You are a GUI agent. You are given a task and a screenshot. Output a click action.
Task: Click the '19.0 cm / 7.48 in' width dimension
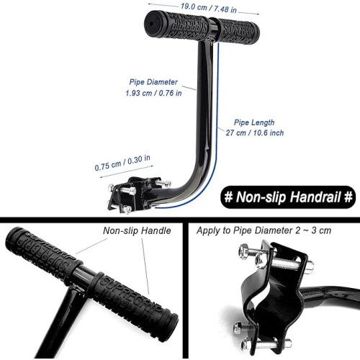208,8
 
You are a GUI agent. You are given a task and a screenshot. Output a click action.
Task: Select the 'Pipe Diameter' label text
153,82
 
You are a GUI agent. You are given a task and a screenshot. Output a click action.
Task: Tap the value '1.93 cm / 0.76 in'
153,93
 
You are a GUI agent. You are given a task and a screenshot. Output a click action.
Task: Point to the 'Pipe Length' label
254,122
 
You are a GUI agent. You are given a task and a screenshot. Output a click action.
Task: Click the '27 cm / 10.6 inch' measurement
255,132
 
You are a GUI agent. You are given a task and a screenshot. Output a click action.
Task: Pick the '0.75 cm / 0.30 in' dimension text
122,163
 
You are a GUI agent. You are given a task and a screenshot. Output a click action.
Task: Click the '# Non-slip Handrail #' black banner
288,197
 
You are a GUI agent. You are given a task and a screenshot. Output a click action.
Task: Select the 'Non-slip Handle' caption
137,230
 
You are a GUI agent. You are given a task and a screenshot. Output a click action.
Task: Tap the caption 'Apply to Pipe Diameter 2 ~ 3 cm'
264,230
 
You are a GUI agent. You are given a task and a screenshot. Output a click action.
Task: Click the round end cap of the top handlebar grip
151,24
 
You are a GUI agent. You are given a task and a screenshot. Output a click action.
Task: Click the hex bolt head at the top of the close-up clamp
244,251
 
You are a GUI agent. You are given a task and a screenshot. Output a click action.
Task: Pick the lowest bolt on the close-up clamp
266,343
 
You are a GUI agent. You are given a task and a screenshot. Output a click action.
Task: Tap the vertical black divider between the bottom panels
185,290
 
